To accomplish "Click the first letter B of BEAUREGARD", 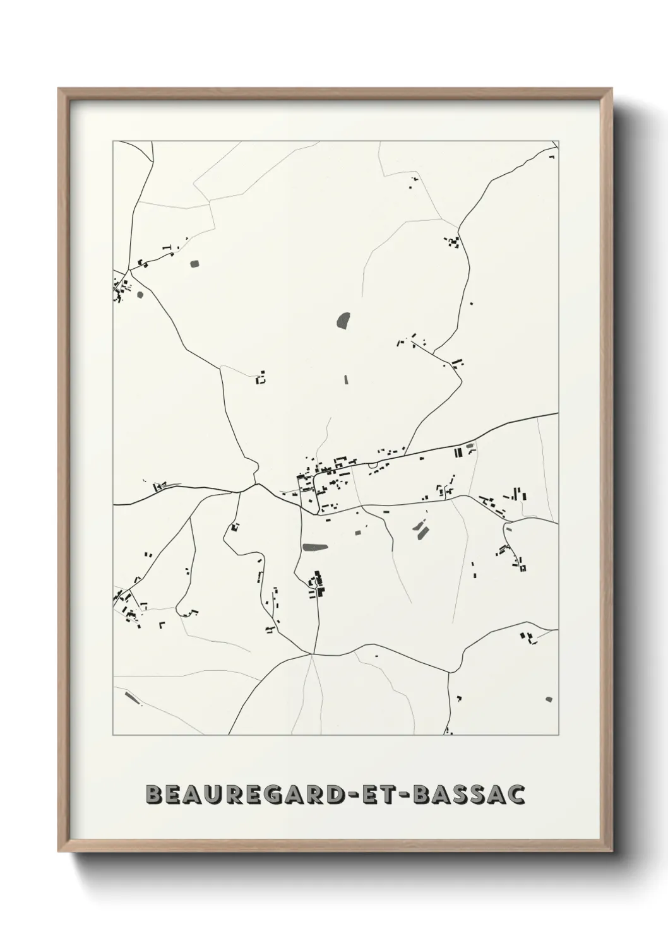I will point(152,795).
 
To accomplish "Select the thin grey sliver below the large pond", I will point(345,379).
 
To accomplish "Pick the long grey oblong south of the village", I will point(314,547).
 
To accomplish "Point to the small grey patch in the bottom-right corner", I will point(548,699).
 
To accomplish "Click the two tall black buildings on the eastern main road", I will point(458,452).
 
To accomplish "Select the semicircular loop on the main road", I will point(373,466).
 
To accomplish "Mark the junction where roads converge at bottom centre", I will point(312,654).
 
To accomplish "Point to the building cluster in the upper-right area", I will point(453,241).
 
